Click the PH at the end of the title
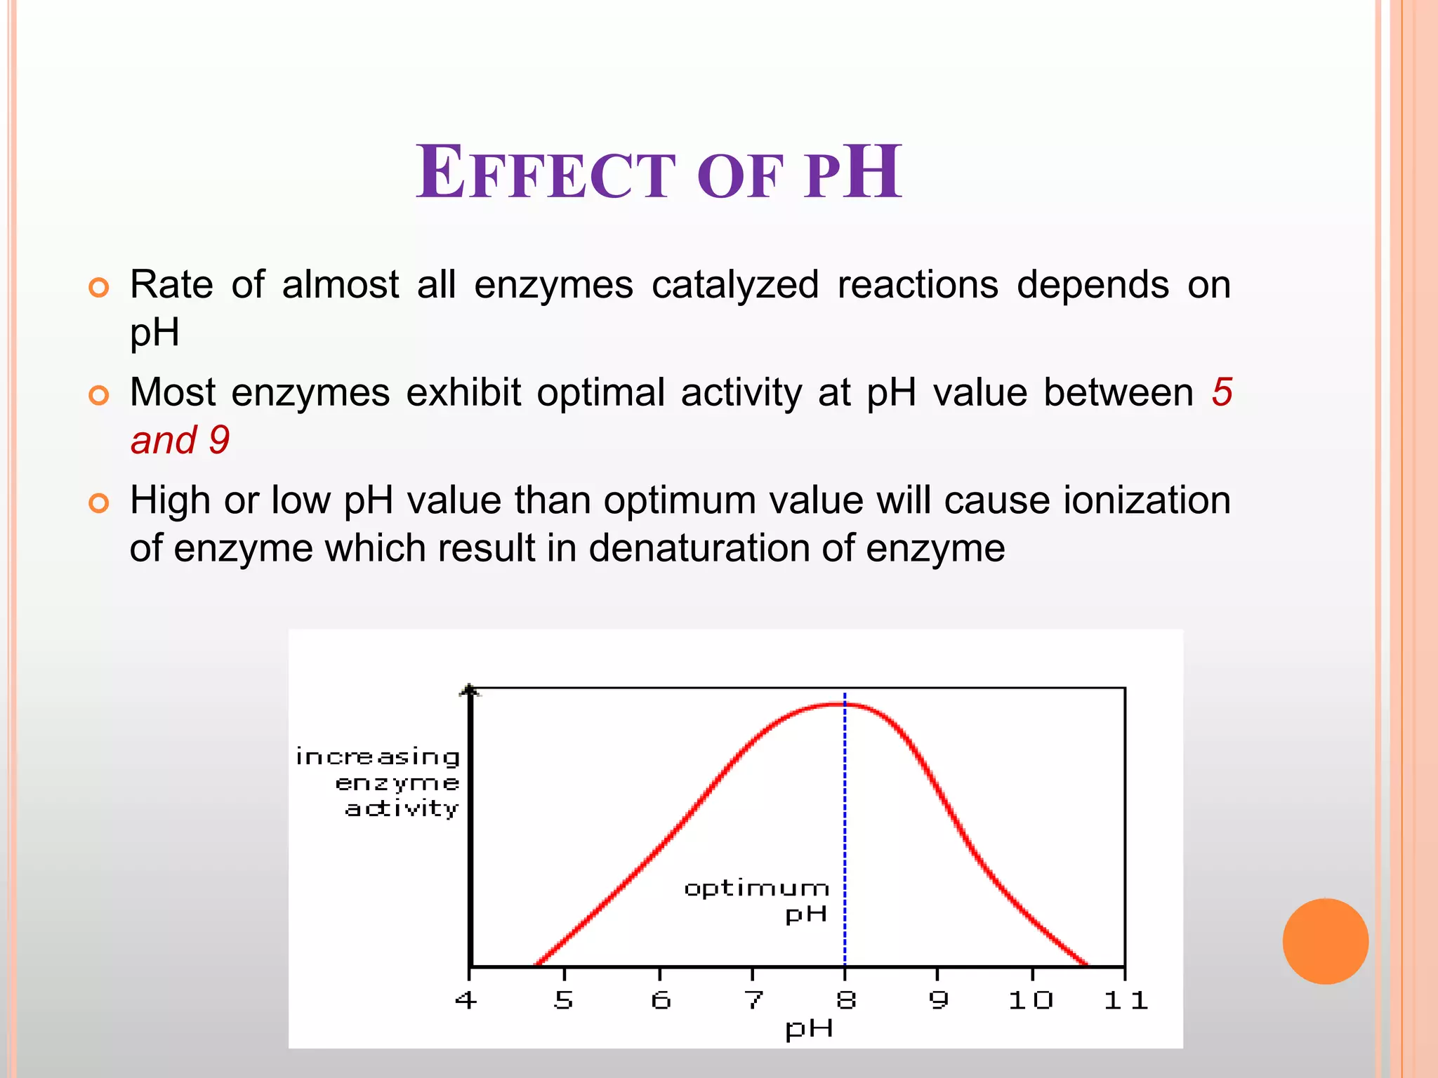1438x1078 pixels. [853, 173]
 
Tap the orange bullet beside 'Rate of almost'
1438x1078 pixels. [99, 288]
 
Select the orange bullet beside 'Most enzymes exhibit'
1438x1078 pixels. [99, 395]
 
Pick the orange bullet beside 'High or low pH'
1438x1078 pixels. [99, 503]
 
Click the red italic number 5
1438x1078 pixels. [1221, 392]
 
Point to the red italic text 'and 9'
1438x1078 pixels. [180, 440]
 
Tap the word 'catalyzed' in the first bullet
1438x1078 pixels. [734, 285]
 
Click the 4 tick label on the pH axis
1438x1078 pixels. [466, 999]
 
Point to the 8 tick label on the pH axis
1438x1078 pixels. [845, 999]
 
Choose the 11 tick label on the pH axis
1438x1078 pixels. [1125, 999]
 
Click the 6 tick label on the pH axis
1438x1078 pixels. [660, 999]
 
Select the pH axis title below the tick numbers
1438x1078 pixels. [809, 1029]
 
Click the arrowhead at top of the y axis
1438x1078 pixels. [470, 691]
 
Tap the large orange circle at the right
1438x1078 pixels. [1325, 941]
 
